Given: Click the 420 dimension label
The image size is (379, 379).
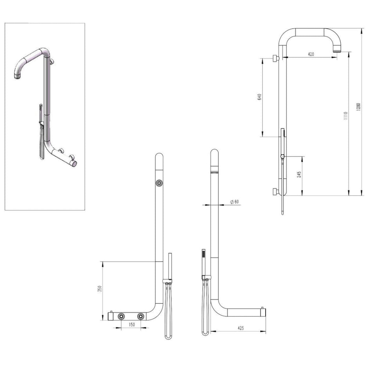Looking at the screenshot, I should [x=311, y=54].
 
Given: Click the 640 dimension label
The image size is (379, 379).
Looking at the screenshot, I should [x=259, y=97].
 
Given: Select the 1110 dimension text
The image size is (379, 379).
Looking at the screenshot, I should [x=345, y=116].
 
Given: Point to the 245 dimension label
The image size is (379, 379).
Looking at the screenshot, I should [x=299, y=175].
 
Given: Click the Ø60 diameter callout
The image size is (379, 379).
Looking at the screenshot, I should [x=235, y=201].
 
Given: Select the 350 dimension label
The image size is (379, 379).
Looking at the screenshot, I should [x=100, y=289].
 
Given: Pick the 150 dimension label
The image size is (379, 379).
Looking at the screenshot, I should [x=132, y=324].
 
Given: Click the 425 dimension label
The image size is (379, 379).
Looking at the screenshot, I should [x=240, y=329].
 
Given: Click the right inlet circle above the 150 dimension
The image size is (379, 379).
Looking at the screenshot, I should [x=140, y=316].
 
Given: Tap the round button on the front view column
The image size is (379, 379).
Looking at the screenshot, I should [x=159, y=183].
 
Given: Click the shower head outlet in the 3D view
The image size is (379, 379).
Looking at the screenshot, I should [x=17, y=77].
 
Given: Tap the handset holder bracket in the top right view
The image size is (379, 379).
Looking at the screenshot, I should [x=282, y=157].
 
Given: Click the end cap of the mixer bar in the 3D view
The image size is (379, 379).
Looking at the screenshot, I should [x=74, y=164].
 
